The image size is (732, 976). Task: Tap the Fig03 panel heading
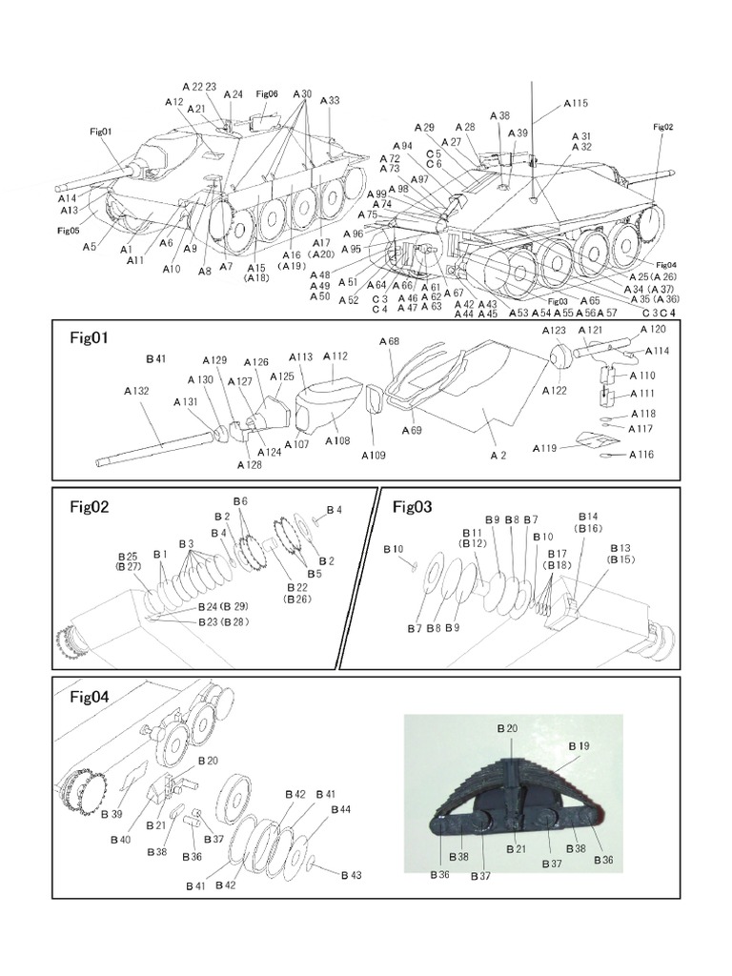tap(413, 507)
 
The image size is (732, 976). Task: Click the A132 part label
tap(137, 391)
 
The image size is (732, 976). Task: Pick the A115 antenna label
tap(576, 103)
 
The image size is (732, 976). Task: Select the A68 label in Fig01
tap(389, 341)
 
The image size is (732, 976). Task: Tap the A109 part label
tap(375, 456)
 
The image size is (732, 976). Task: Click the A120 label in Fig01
tap(654, 329)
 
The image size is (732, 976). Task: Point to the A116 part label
tap(641, 455)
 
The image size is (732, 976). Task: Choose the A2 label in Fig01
tap(498, 456)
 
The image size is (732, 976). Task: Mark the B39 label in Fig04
tap(111, 814)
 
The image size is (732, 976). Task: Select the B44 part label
tap(340, 809)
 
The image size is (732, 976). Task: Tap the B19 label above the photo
tap(579, 745)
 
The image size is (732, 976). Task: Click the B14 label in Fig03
tap(587, 516)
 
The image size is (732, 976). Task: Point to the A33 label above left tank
tap(330, 100)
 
